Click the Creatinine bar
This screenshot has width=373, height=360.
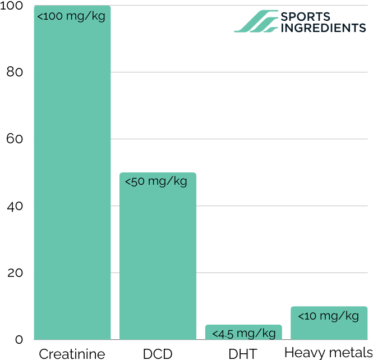(x=72, y=180)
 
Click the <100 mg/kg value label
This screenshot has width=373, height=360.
(x=71, y=16)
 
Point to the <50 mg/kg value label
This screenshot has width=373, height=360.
(x=156, y=181)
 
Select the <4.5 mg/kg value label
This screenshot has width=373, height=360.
(x=243, y=334)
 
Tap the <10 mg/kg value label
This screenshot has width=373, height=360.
(x=329, y=316)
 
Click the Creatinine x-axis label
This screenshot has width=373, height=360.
(x=72, y=353)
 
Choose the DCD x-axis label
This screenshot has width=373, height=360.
(x=158, y=353)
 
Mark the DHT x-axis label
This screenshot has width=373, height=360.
(x=243, y=353)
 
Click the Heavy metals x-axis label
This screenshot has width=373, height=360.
(x=329, y=353)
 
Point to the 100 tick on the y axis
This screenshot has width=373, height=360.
(x=11, y=6)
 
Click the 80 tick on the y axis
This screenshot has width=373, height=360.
(x=14, y=72)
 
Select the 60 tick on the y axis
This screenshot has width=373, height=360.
(x=14, y=139)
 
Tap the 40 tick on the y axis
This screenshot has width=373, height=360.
(x=14, y=206)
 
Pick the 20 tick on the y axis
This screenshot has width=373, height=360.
(x=14, y=273)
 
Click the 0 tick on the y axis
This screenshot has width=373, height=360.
(x=19, y=339)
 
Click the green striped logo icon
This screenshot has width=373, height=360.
(x=256, y=21)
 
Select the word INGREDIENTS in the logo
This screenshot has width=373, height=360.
(x=323, y=28)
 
